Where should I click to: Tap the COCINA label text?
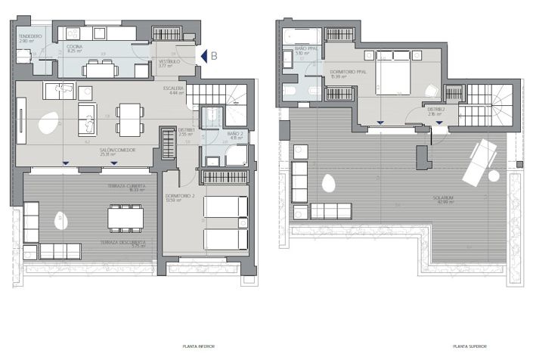74,47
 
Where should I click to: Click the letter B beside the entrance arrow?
214,55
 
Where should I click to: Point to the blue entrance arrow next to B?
201,55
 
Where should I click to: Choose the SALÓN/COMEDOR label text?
117,150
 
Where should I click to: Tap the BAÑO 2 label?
234,134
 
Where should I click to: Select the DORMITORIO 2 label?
180,197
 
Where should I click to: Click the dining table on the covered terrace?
125,218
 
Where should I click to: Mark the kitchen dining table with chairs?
106,69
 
